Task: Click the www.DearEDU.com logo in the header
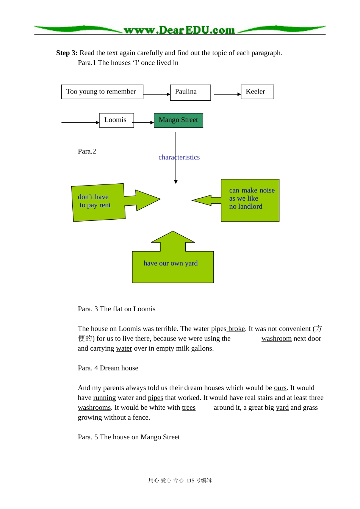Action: (x=179, y=30)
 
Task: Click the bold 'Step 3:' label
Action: (x=67, y=53)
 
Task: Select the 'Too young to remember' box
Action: (x=102, y=92)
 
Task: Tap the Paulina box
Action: (x=191, y=92)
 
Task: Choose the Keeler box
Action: (x=257, y=92)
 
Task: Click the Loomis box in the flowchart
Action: (x=117, y=120)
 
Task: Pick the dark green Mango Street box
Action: (x=178, y=120)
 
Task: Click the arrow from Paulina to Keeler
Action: (x=227, y=94)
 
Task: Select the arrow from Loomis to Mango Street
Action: (x=143, y=122)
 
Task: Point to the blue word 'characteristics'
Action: (x=179, y=157)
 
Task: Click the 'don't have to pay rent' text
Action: (x=94, y=201)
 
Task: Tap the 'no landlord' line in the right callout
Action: (x=246, y=206)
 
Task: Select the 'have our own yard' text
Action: (x=171, y=263)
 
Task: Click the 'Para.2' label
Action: (x=87, y=151)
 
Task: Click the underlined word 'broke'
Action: (x=236, y=329)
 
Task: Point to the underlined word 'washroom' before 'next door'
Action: (x=277, y=339)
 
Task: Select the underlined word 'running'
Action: (x=104, y=398)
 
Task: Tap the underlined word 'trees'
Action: (x=189, y=408)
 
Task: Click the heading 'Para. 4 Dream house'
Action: (x=108, y=368)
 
